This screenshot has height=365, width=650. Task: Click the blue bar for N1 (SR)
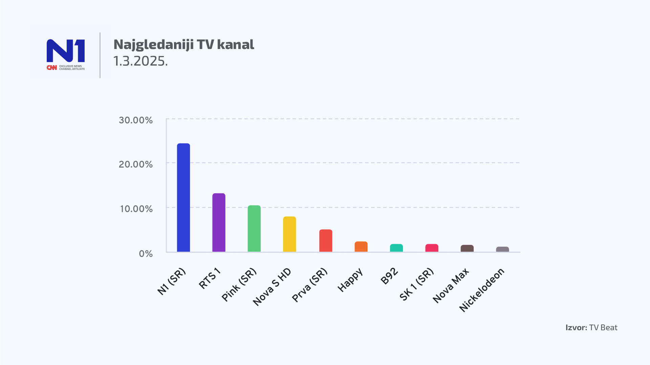(183, 198)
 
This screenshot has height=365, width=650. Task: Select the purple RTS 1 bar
(219, 222)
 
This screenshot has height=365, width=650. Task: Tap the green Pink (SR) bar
(254, 228)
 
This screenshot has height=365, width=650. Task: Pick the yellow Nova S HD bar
(289, 234)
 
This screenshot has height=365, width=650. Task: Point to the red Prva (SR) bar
(326, 241)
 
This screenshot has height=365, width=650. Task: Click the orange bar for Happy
(361, 247)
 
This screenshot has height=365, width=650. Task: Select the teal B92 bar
(396, 248)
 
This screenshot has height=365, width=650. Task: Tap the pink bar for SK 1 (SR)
(432, 248)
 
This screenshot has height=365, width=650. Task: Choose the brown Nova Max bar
(467, 248)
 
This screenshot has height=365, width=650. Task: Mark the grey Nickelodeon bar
(502, 249)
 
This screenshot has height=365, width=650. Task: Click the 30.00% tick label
(136, 120)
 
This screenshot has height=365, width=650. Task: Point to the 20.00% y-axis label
(136, 165)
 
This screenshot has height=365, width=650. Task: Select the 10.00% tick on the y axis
(136, 209)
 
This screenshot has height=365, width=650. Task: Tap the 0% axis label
(146, 254)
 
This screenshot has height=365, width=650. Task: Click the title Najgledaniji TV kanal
(184, 45)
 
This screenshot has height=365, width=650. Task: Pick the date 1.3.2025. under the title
(140, 61)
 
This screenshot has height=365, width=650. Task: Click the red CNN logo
(52, 68)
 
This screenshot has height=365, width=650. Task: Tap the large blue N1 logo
(66, 51)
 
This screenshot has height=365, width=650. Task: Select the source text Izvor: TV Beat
(591, 327)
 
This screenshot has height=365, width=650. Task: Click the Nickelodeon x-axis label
(482, 290)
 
